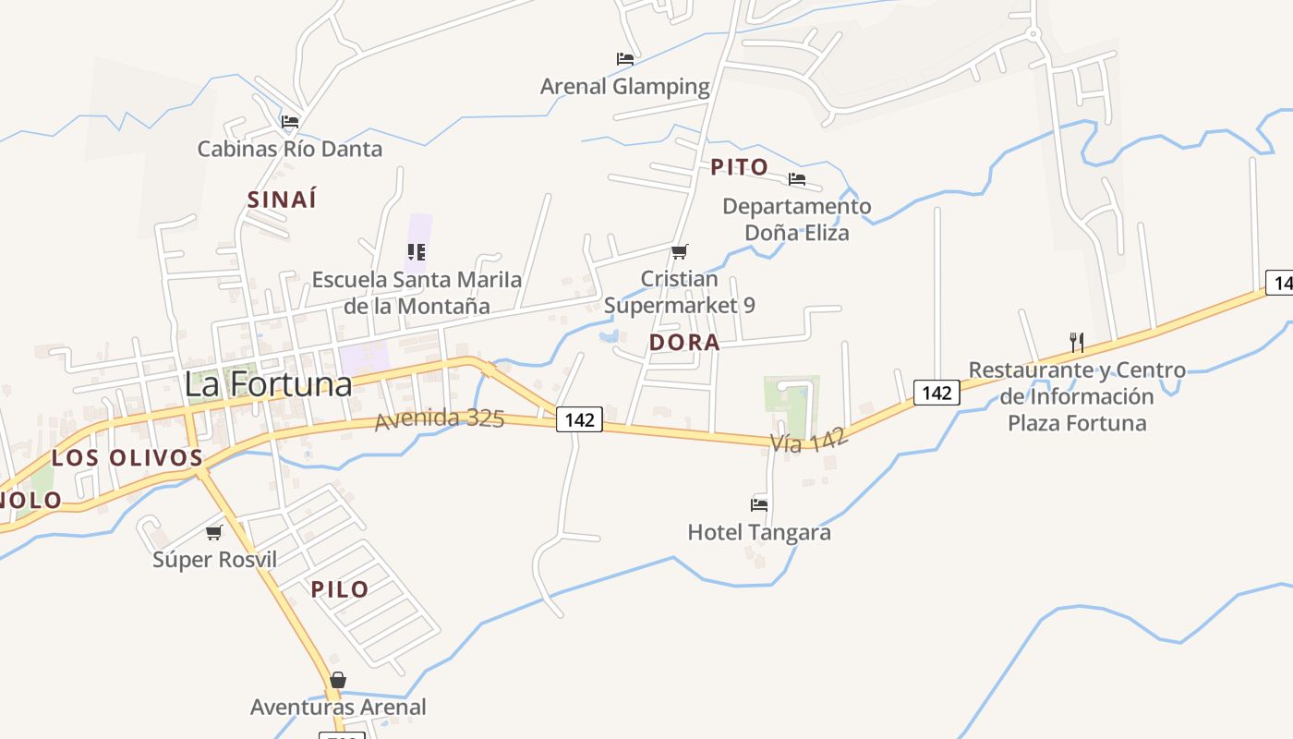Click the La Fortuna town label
tap(268, 383)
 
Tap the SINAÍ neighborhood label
tap(282, 199)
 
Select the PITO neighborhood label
tap(739, 167)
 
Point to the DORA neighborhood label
tap(684, 343)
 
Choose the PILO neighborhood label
tap(340, 589)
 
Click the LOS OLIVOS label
tap(127, 457)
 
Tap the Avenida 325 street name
tap(440, 419)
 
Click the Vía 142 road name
tap(809, 441)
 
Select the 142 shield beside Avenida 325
tap(579, 420)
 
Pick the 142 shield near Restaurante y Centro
tap(937, 393)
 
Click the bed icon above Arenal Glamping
tap(625, 59)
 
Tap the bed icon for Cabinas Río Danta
tap(290, 121)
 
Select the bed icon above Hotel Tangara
tap(759, 505)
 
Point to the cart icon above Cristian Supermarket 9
tap(680, 251)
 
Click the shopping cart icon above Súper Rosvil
tap(214, 532)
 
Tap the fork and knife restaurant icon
tap(1077, 342)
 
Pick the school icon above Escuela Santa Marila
tap(417, 251)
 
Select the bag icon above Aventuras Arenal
tap(338, 681)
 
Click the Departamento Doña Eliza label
tap(796, 219)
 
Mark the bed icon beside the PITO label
tap(797, 179)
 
